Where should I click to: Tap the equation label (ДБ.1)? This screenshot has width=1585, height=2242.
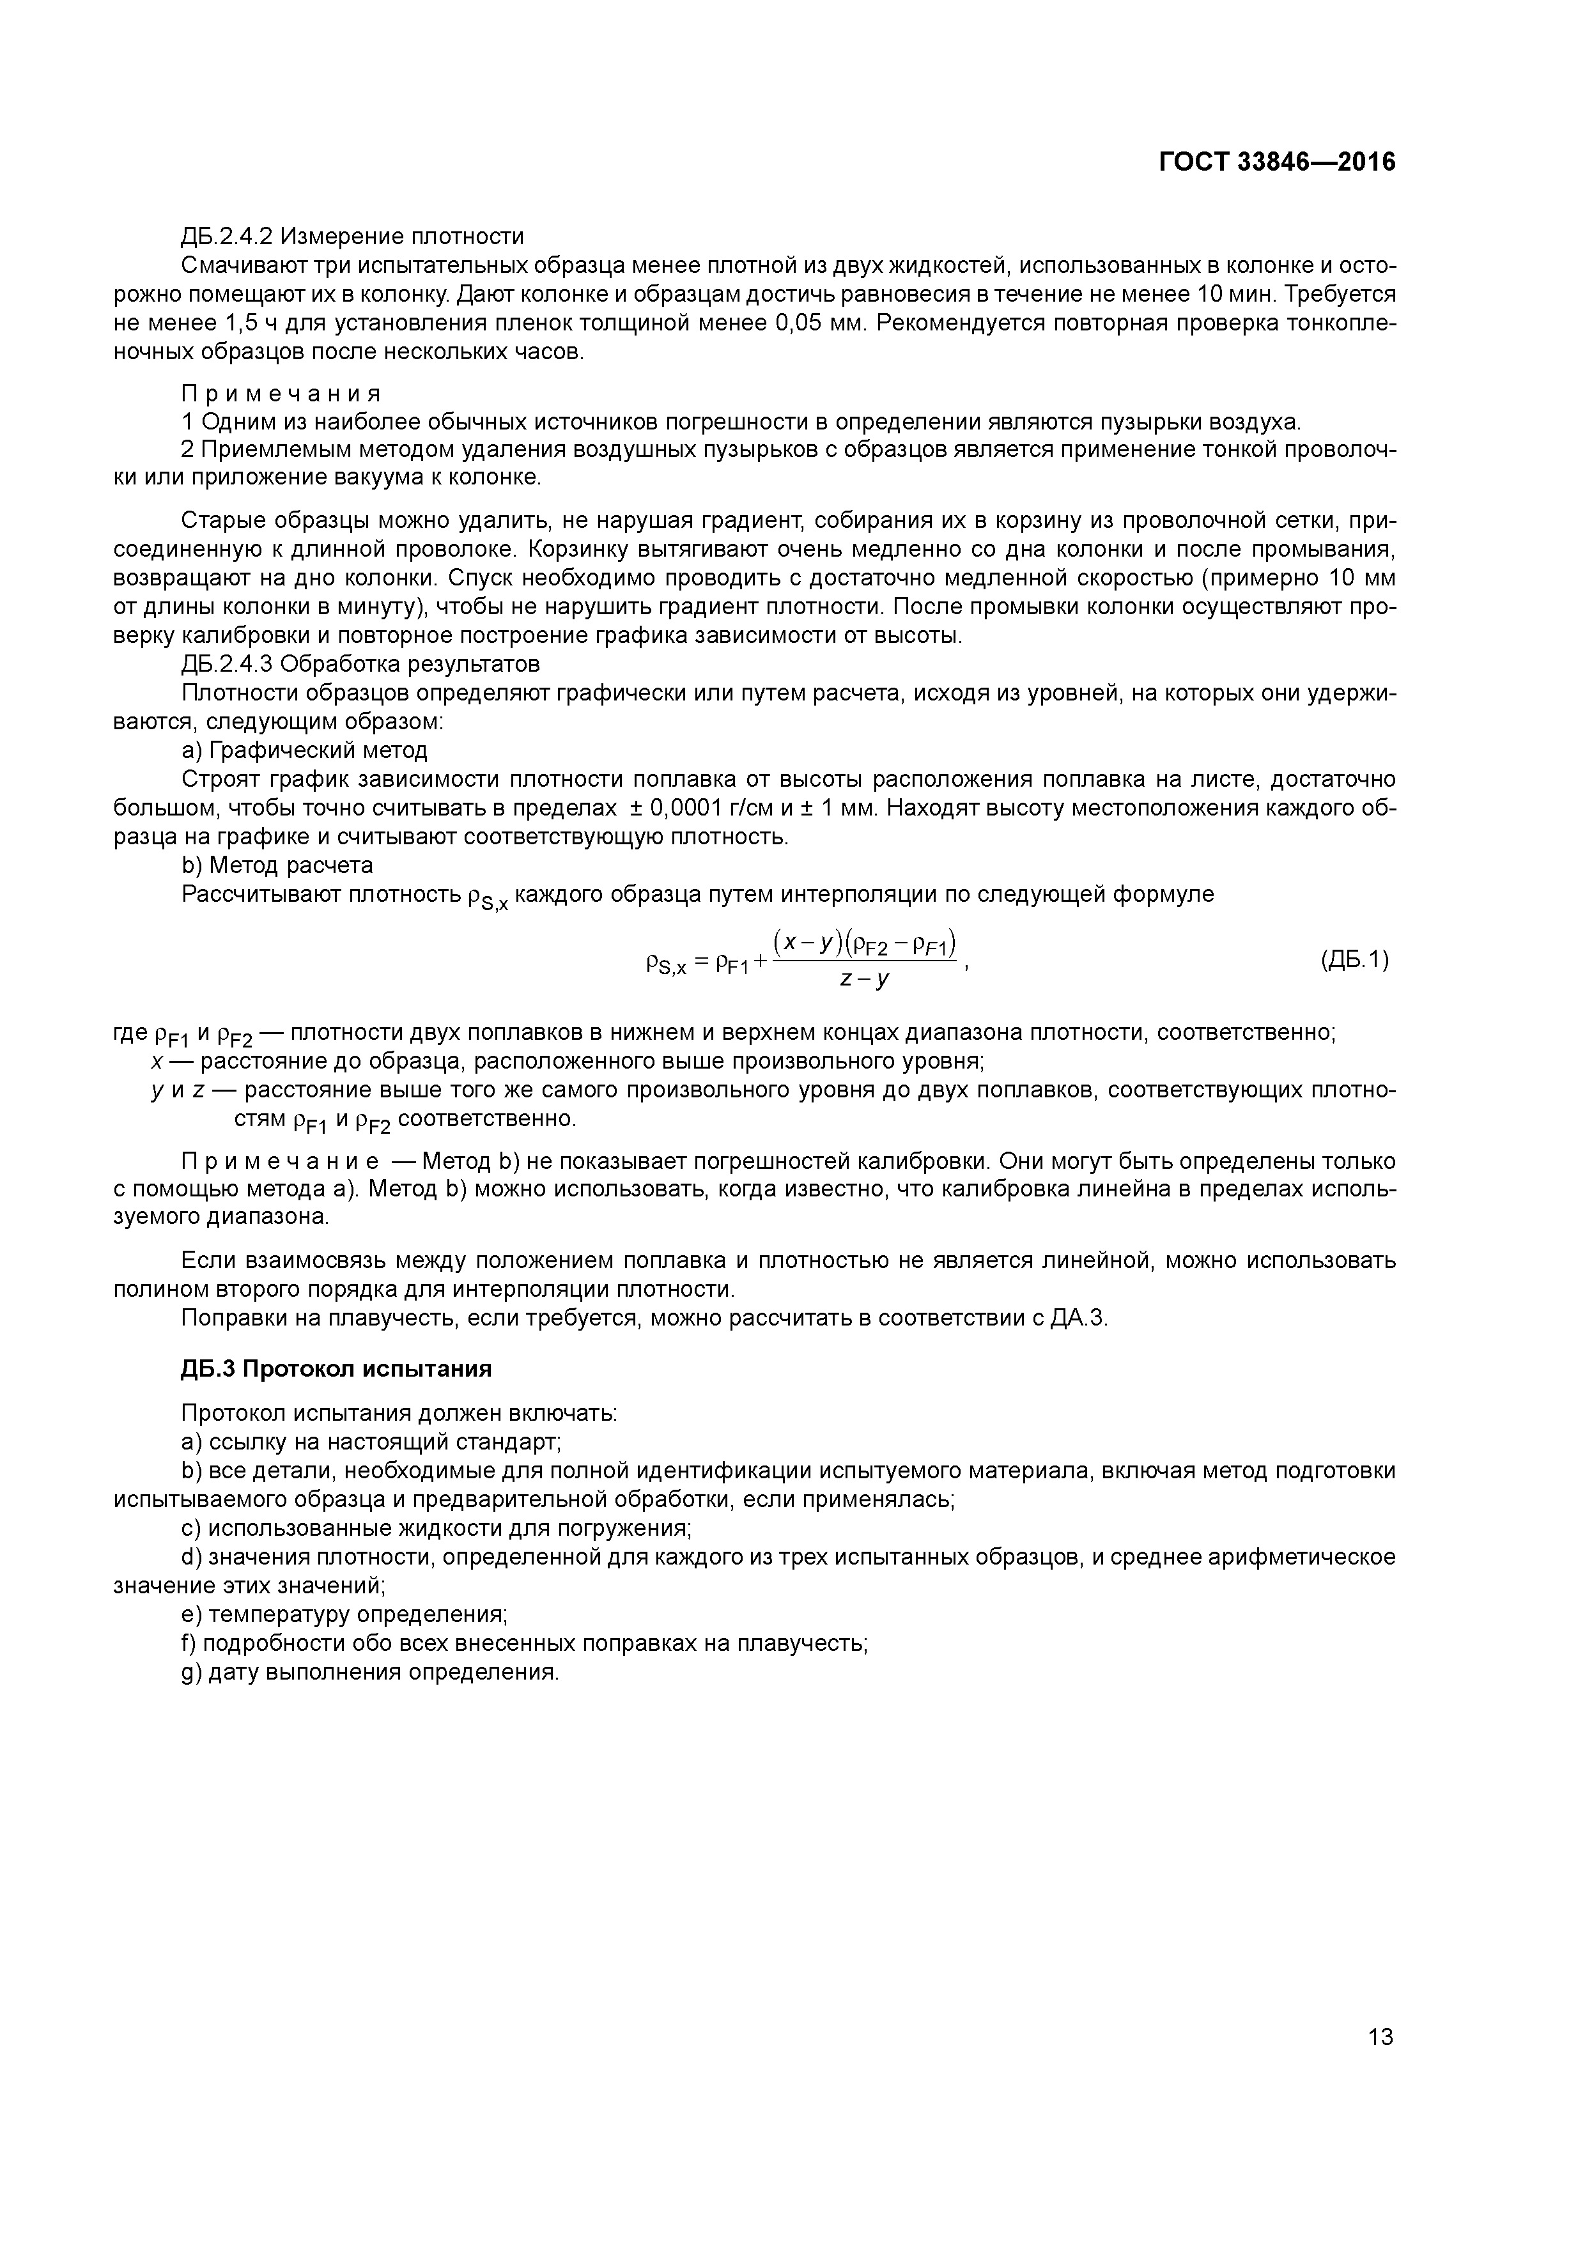[1354, 960]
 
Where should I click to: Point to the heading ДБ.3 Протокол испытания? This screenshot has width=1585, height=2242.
[336, 1368]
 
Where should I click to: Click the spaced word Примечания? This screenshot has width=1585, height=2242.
[281, 394]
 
